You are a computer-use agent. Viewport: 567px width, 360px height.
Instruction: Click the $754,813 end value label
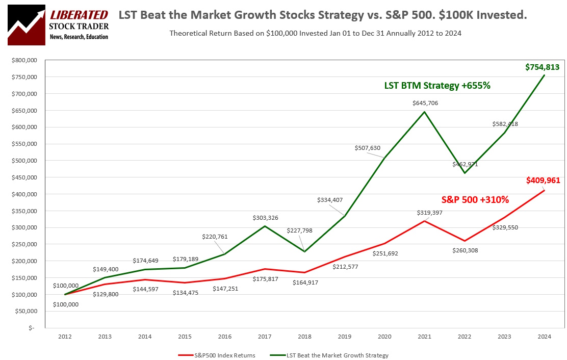click(x=543, y=67)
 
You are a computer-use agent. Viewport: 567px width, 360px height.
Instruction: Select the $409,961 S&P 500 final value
click(x=543, y=180)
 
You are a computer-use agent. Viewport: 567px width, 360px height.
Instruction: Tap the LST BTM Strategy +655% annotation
click(x=437, y=86)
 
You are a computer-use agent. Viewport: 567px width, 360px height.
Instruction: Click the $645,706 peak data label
click(x=425, y=103)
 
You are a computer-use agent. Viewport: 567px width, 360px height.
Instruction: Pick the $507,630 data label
click(x=368, y=148)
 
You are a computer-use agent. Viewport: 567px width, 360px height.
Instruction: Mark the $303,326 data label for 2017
click(x=265, y=218)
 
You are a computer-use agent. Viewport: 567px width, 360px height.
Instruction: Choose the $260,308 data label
click(x=465, y=250)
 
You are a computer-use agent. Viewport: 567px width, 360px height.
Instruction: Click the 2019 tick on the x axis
click(x=344, y=337)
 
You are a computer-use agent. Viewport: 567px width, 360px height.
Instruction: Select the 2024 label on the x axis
click(x=544, y=337)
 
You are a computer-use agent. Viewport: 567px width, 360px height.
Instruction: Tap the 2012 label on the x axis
click(x=65, y=337)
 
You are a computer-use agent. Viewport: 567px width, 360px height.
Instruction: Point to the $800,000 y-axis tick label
click(x=24, y=60)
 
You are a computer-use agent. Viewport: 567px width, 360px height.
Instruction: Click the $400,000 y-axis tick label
click(x=24, y=194)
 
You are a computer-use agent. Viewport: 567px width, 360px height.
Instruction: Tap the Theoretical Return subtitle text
click(x=315, y=33)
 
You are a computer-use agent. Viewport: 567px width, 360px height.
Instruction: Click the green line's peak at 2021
click(x=424, y=112)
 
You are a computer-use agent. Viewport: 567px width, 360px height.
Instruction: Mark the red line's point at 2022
click(x=465, y=241)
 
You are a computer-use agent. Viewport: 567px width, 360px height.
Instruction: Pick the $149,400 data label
click(x=106, y=269)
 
